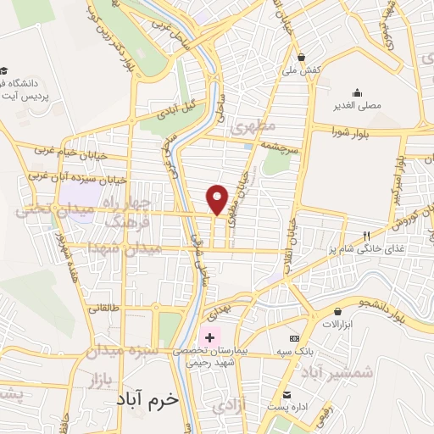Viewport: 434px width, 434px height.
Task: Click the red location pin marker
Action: click(x=218, y=198)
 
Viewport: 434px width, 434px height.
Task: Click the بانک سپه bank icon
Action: click(x=294, y=338)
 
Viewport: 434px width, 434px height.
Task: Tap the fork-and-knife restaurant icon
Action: click(x=366, y=236)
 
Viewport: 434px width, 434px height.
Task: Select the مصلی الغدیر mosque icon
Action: click(x=357, y=93)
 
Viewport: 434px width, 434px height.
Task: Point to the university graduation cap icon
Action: click(x=5, y=70)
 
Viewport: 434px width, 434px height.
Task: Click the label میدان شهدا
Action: click(x=125, y=248)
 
